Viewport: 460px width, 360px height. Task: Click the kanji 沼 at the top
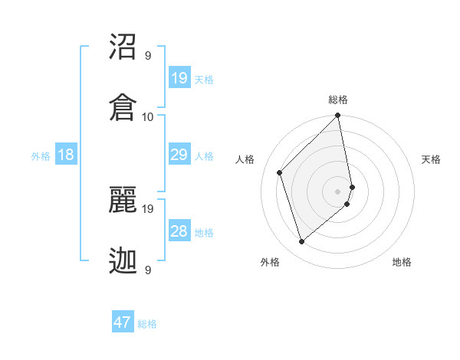(123, 47)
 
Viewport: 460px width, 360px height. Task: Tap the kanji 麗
(123, 201)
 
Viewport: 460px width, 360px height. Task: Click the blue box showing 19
(179, 78)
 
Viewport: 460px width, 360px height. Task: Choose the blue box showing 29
(179, 155)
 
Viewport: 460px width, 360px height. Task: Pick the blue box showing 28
(179, 231)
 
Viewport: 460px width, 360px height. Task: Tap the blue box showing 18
(66, 155)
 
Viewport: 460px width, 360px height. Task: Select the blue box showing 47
(123, 322)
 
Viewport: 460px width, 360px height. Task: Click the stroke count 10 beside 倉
(148, 116)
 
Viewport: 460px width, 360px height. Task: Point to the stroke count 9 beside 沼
(148, 55)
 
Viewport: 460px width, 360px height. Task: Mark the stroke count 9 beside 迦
(148, 270)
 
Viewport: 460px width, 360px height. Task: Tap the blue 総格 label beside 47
(147, 324)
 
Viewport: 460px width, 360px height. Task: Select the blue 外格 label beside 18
(41, 156)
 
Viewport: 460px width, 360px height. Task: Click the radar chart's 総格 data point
(337, 116)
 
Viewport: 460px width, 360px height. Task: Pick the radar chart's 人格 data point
(280, 172)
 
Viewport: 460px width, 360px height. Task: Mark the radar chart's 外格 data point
(301, 242)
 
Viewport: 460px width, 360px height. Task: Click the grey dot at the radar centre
(337, 191)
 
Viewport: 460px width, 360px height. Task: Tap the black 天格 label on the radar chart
(431, 159)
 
